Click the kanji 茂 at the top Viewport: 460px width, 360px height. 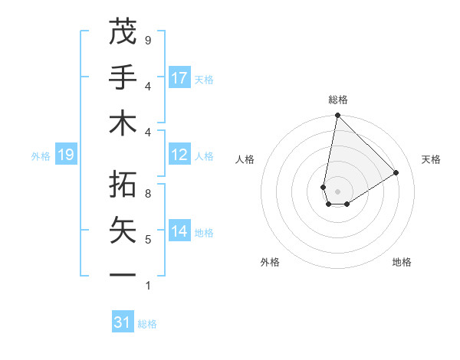[x=123, y=32]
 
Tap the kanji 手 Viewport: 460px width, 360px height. [x=123, y=77]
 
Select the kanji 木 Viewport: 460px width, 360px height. [x=123, y=124]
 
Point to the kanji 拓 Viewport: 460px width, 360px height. [x=123, y=185]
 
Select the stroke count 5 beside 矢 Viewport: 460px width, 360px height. [x=147, y=240]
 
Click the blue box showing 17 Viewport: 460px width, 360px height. [x=179, y=78]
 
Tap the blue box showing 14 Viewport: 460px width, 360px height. [x=179, y=231]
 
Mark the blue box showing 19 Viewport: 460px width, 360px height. [x=66, y=155]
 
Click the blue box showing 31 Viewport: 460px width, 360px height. [x=123, y=322]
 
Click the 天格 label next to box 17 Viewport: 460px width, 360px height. [x=204, y=79]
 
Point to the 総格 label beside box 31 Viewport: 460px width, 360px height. [x=147, y=324]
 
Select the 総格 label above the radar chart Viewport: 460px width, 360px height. [x=337, y=100]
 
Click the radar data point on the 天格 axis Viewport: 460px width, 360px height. [x=396, y=173]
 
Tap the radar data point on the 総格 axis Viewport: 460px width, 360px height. [x=337, y=116]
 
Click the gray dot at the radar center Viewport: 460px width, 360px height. [x=337, y=191]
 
